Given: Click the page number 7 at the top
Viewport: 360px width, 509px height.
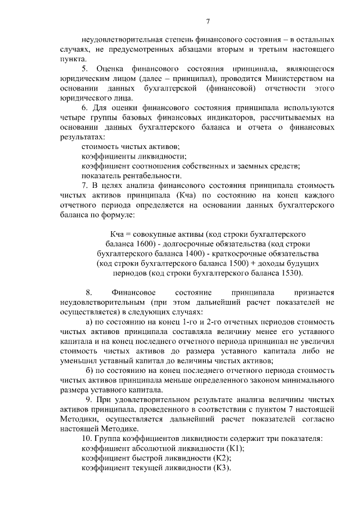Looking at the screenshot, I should [208, 22].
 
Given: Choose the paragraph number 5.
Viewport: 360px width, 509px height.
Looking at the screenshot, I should [85, 68].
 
